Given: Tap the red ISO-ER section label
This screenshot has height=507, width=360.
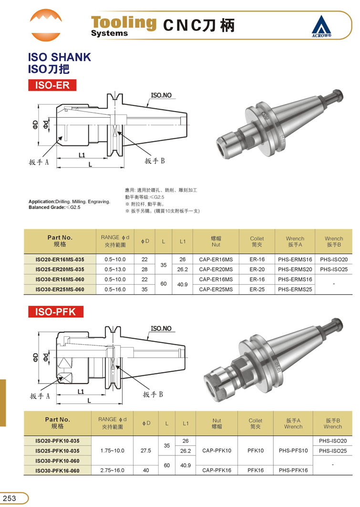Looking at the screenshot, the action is (52, 85).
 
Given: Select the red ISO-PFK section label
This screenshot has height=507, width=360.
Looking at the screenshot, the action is (56, 312).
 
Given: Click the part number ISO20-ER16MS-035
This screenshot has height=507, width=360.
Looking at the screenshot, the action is (60, 259).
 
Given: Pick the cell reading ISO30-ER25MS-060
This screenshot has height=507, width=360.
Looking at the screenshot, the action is (60, 290).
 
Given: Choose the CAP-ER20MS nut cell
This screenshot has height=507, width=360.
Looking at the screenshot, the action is (216, 269).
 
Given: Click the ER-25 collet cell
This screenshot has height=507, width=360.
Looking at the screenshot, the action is (257, 290).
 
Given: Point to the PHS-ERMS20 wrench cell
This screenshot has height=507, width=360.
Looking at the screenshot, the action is (295, 269).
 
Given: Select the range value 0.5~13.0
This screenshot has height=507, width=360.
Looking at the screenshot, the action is (115, 269).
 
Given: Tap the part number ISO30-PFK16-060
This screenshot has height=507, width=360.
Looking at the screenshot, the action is (58, 471).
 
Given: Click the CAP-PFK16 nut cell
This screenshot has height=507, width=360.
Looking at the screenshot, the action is (217, 470).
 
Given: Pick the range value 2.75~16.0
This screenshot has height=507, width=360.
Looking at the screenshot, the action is (112, 470).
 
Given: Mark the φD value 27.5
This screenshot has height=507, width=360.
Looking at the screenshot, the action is (146, 450).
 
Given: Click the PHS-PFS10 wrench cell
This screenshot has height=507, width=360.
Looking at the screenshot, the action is (293, 450).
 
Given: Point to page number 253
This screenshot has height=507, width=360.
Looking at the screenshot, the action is (10, 498).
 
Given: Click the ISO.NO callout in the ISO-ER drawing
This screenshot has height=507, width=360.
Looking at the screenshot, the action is (161, 95).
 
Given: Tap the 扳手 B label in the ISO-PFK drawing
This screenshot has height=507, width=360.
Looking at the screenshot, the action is (153, 394).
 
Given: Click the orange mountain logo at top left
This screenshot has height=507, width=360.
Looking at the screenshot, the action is (46, 25).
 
